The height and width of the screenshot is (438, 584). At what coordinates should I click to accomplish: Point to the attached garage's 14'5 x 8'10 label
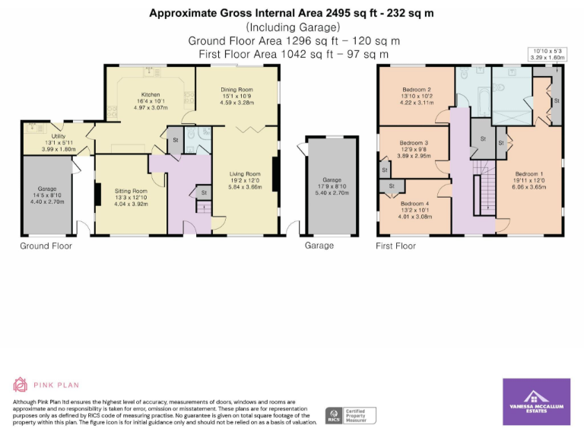pyautogui.click(x=48, y=195)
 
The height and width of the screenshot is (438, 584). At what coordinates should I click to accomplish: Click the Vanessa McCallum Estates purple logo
pyautogui.click(x=536, y=401)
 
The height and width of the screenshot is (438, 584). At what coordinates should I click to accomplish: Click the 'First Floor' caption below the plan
pyautogui.click(x=395, y=246)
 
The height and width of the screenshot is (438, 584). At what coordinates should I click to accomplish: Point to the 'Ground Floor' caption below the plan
pyautogui.click(x=46, y=246)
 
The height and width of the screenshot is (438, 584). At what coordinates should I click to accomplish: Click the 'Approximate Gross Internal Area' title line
pyautogui.click(x=291, y=12)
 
